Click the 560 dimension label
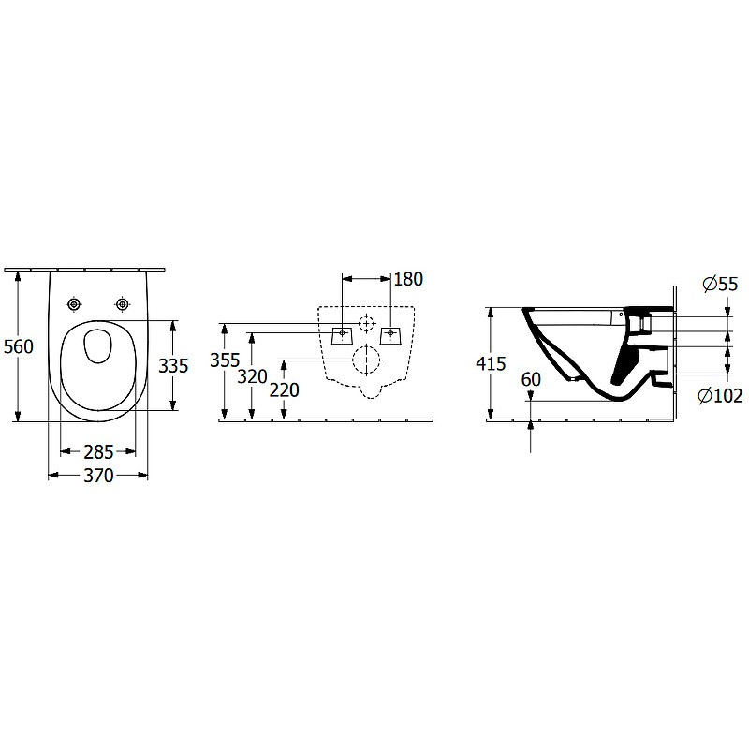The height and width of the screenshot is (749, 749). pyautogui.click(x=19, y=346)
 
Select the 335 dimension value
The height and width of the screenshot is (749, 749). pyautogui.click(x=173, y=366)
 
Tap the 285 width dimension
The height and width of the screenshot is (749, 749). pyautogui.click(x=98, y=451)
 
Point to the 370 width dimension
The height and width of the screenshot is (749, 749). pyautogui.click(x=98, y=476)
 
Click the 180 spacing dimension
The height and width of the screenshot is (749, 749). pyautogui.click(x=408, y=279)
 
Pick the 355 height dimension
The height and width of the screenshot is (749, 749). pyautogui.click(x=225, y=360)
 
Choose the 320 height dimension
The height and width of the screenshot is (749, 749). pyautogui.click(x=252, y=377)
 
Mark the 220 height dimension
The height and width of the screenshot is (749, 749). pyautogui.click(x=285, y=390)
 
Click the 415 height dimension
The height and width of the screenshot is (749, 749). pyautogui.click(x=491, y=364)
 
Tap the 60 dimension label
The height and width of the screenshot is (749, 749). pyautogui.click(x=531, y=380)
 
